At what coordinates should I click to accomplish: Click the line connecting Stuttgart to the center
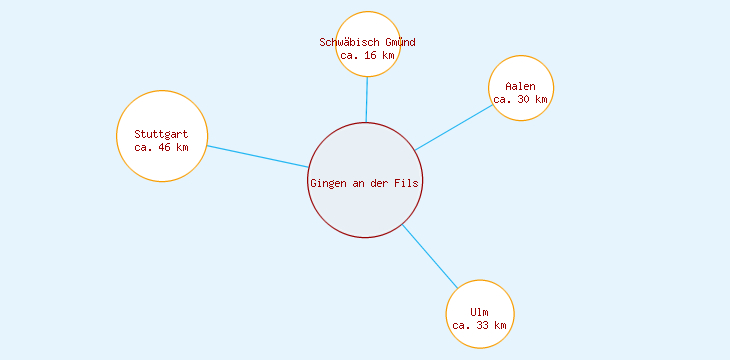pyautogui.click(x=257, y=156)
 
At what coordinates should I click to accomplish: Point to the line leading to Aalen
pyautogui.click(x=454, y=127)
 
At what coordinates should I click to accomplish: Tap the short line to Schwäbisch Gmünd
pyautogui.click(x=367, y=99)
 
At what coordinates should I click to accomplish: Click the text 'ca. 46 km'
pyautogui.click(x=161, y=147)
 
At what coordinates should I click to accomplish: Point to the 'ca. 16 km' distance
pyautogui.click(x=367, y=56)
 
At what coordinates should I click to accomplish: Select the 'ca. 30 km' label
pyautogui.click(x=520, y=99)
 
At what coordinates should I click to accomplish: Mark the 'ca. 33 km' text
pyautogui.click(x=480, y=325)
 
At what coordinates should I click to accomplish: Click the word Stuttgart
pyautogui.click(x=161, y=134)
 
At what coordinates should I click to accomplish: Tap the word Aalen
pyautogui.click(x=520, y=86)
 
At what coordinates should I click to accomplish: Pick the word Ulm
pyautogui.click(x=479, y=312)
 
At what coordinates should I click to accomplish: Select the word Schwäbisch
pyautogui.click(x=347, y=42)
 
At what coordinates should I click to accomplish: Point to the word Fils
pyautogui.click(x=408, y=182)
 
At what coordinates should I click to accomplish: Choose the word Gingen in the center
pyautogui.click(x=328, y=182)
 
